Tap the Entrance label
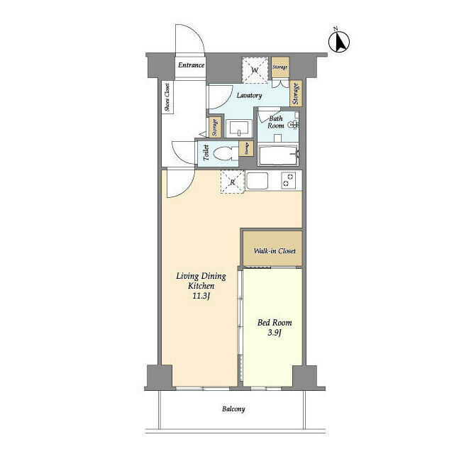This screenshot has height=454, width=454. point(191,65)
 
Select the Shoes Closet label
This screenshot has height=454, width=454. point(167,98)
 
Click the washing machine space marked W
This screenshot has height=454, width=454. point(254,69)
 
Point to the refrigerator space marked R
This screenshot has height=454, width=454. point(232,182)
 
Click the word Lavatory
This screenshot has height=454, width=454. point(248,95)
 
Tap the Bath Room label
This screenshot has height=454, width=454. point(276,121)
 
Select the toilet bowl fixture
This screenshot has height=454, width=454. point(226,153)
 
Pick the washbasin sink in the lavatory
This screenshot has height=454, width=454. point(238,128)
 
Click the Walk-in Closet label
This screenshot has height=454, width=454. point(275,251)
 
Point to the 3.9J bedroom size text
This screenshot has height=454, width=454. point(274,333)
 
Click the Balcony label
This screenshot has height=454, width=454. point(233,409)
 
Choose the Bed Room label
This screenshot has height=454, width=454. point(274,323)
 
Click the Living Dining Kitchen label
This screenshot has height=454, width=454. point(201,280)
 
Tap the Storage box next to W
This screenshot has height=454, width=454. point(280,67)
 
